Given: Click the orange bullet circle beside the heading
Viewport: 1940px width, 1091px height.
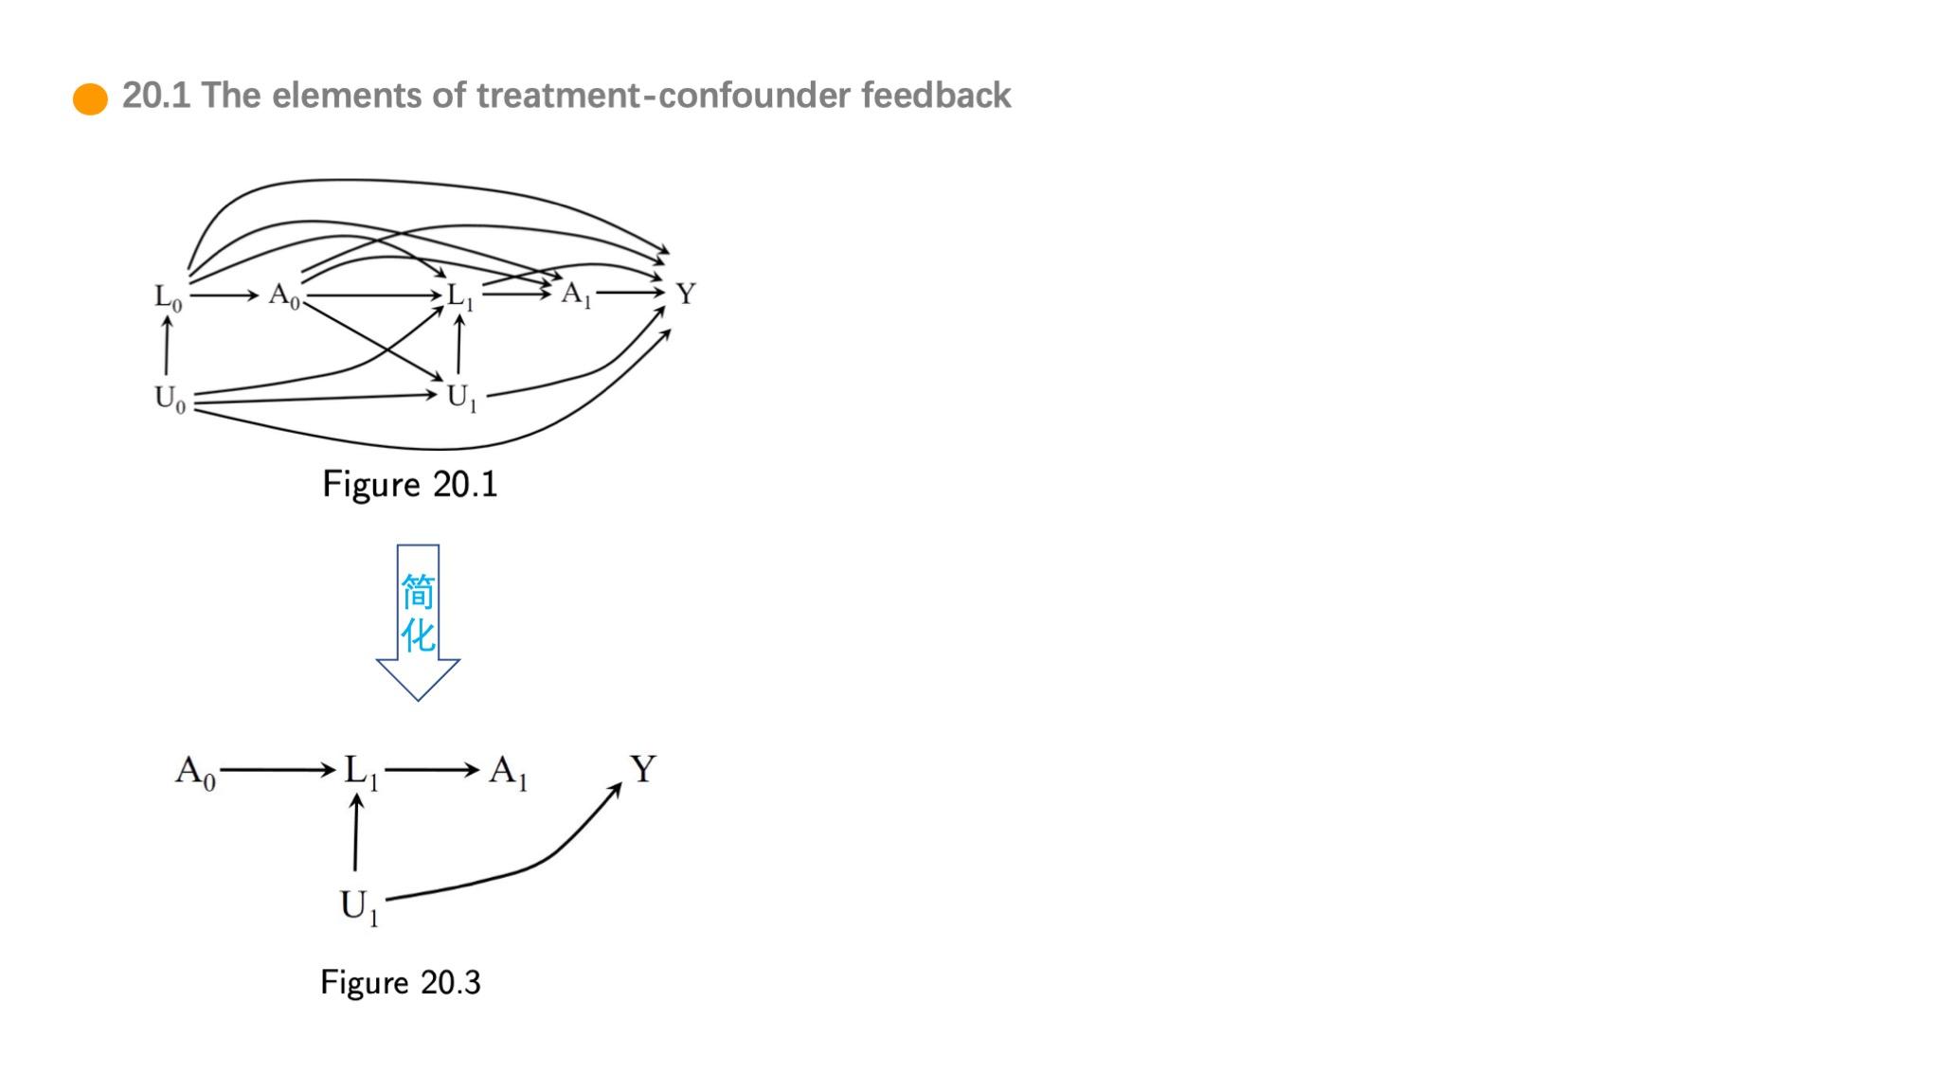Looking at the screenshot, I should pyautogui.click(x=90, y=98).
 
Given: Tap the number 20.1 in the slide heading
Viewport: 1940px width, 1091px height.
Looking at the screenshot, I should pyautogui.click(x=156, y=96).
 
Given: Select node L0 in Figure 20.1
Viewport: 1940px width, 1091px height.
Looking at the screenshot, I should pyautogui.click(x=168, y=297).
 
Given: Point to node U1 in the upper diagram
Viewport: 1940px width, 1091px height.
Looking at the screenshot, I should pyautogui.click(x=461, y=398).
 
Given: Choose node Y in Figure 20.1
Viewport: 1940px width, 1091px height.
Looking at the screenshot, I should pyautogui.click(x=686, y=294).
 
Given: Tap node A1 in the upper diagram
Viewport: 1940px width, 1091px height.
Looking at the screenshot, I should pyautogui.click(x=575, y=295).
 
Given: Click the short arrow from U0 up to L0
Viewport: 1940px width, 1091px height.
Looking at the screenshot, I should pyautogui.click(x=167, y=346).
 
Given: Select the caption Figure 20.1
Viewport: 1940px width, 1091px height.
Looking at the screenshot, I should pyautogui.click(x=409, y=484).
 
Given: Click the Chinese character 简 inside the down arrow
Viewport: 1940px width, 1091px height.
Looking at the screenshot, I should pyautogui.click(x=418, y=593).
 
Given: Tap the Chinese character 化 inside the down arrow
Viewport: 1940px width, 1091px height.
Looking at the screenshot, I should pyautogui.click(x=418, y=635).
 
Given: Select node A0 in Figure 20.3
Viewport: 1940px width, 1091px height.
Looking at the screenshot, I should pyautogui.click(x=195, y=772).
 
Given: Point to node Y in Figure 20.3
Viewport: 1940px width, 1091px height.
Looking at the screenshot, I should pyautogui.click(x=642, y=768).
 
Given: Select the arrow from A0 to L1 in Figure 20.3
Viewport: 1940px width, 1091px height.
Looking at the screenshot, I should pyautogui.click(x=277, y=770).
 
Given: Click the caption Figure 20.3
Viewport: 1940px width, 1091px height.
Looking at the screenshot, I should pyautogui.click(x=400, y=982).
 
